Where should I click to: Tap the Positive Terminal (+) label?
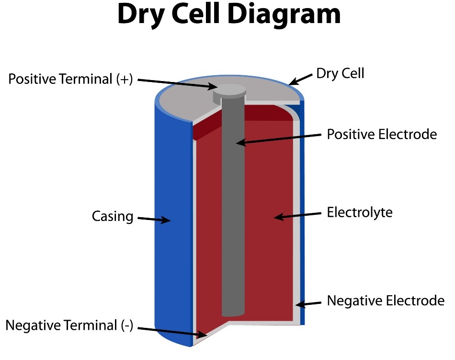tap(70, 79)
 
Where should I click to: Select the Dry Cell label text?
tap(340, 73)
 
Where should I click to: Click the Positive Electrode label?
tap(382, 134)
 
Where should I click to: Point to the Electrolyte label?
tap(359, 212)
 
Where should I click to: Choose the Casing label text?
tap(112, 216)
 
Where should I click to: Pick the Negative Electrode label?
tap(386, 301)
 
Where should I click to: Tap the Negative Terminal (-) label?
tap(69, 326)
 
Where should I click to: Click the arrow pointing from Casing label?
tap(154, 219)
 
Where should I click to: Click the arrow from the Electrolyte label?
tap(297, 215)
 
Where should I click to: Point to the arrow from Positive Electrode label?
tap(278, 139)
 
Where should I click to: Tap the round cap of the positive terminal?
tap(229, 90)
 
